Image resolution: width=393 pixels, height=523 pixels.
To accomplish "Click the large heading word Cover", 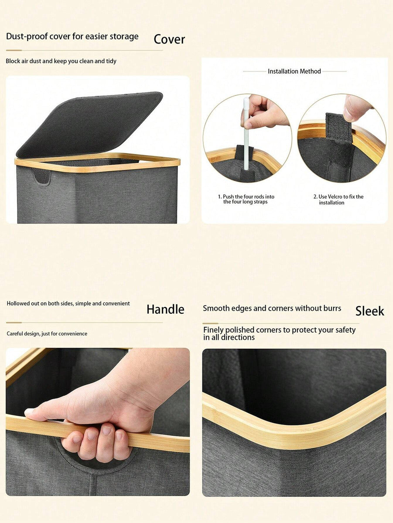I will coord(169,39).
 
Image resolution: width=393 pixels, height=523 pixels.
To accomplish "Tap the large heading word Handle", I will coord(165,309).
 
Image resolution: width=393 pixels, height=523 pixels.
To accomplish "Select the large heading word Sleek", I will coord(369,311).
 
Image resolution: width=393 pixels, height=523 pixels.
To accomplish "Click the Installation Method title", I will coord(294,71).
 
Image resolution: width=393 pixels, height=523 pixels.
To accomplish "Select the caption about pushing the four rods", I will coord(246,199).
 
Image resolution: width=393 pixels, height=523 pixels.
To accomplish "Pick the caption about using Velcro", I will coord(338,200).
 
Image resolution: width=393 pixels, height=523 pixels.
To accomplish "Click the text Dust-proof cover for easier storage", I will coord(72,36).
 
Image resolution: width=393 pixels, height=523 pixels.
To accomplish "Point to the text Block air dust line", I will coord(61,61).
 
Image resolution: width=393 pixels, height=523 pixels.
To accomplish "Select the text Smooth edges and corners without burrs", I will coord(272,308).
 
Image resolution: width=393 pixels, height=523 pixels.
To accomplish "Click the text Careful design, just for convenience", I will coord(47,333).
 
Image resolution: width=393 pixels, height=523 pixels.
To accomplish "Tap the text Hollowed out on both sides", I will coord(68,303).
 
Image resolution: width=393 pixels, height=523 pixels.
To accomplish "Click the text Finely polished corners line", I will coord(279,333).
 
